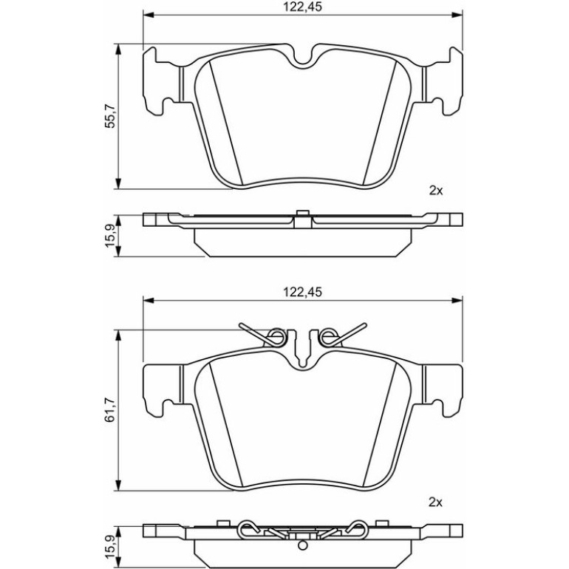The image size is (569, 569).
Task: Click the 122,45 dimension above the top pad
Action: (x=303, y=7)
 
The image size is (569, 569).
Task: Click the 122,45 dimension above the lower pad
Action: (x=303, y=292)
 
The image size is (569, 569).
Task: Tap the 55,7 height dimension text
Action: (x=110, y=116)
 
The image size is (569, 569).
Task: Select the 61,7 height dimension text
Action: (x=110, y=410)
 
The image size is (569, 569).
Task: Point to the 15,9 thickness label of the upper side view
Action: (x=110, y=236)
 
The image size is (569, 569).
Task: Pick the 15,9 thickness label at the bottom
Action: (x=110, y=547)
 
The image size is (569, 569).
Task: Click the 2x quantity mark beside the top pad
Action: (x=436, y=191)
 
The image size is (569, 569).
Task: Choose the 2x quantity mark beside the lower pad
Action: (x=436, y=502)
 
